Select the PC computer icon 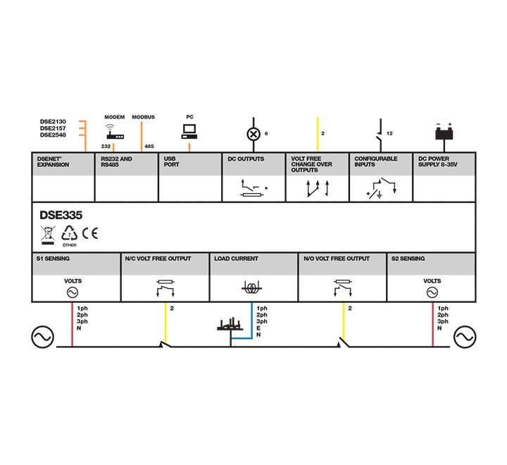point(189,130)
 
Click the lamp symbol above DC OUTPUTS point(254,133)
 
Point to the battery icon point(444,132)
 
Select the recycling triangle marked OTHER point(68,234)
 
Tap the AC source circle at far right point(465,338)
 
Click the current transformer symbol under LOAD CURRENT point(251,288)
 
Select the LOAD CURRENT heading point(236,259)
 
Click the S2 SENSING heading point(408,259)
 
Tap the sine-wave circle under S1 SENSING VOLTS point(72,291)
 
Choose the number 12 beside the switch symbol point(389,133)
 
